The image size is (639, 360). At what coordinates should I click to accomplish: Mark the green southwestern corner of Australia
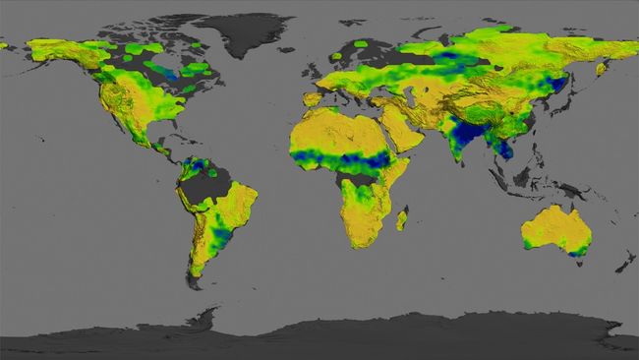tap(526, 242)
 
